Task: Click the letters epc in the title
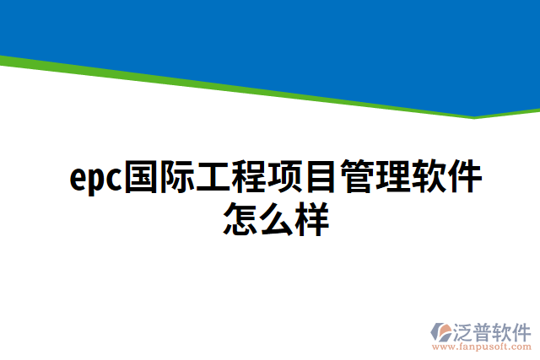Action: pos(95,179)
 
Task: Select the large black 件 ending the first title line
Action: pos(466,177)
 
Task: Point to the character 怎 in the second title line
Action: pos(240,218)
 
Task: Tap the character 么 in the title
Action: pos(275,218)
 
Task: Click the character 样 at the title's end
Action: pos(311,218)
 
